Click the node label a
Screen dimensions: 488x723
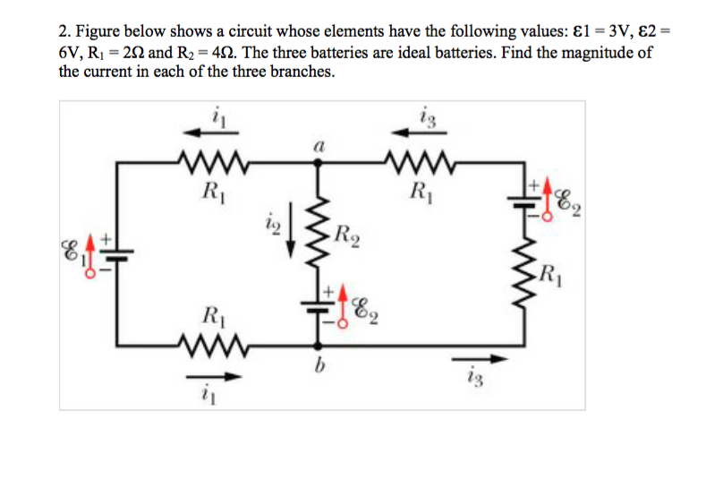click(318, 143)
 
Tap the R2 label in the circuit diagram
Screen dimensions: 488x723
click(344, 237)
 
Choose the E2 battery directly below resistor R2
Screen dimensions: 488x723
click(316, 304)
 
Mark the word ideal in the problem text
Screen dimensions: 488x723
click(402, 53)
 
